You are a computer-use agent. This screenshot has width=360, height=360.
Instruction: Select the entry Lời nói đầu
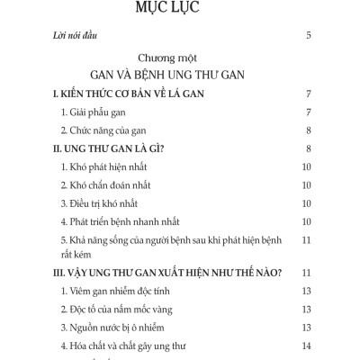click(75, 37)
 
